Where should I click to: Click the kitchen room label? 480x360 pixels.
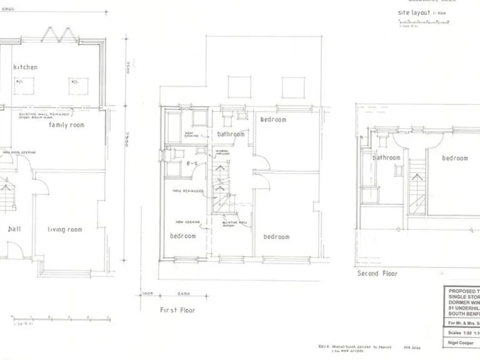[x=26, y=67]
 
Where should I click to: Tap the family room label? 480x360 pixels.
[x=67, y=125]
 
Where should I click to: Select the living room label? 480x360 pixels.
[x=65, y=229]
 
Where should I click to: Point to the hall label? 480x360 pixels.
[x=14, y=229]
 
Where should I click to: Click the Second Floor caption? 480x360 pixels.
[x=377, y=273]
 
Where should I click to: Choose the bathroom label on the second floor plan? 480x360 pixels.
[x=386, y=157]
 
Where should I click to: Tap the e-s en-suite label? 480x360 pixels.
[x=192, y=163]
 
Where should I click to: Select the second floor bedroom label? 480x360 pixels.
[x=454, y=158]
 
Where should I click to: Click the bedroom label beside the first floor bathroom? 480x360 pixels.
[x=273, y=119]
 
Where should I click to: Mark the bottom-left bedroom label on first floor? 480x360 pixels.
[x=182, y=236]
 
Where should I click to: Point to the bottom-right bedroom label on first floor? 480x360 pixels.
[x=276, y=236]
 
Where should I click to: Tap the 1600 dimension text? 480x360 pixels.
[x=147, y=294]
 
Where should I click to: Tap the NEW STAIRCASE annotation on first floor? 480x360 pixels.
[x=185, y=191]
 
